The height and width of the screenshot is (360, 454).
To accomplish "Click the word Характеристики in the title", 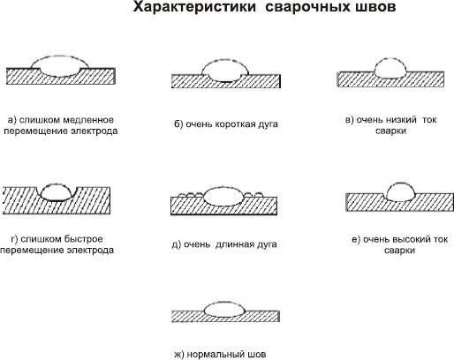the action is tap(194, 7).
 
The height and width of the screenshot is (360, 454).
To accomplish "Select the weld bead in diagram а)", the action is tap(60, 66).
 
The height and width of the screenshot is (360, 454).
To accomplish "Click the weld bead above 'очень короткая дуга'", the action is tap(225, 71).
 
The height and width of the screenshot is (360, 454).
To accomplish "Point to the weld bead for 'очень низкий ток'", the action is tap(390, 68).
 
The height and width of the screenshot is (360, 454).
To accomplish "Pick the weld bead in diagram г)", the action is tap(56, 192).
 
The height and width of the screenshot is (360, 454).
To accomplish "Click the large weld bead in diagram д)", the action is tap(223, 197).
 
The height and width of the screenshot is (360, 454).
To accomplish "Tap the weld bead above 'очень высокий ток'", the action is tap(400, 191).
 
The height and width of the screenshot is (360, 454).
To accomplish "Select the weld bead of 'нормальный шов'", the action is tap(224, 309).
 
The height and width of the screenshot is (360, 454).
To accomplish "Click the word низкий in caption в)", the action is tap(401, 120).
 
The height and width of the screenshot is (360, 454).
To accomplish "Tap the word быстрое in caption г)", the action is tap(84, 239).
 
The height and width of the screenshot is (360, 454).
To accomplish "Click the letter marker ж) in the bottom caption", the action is tap(179, 354).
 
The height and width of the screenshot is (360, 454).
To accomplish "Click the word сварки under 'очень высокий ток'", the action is tap(399, 251).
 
